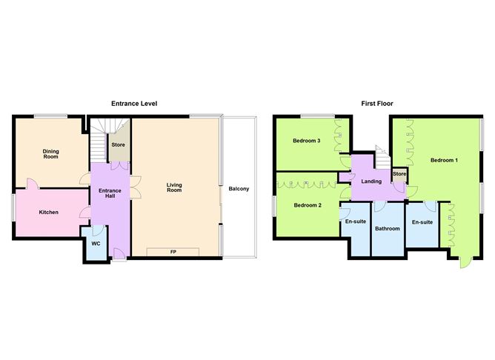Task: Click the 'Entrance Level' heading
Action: (134, 104)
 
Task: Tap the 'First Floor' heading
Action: (377, 104)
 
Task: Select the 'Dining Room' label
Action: (50, 153)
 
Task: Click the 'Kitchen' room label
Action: (48, 213)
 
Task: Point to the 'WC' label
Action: (96, 244)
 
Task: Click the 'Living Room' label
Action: (174, 188)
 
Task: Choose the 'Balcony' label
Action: (239, 188)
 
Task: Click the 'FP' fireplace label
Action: (173, 253)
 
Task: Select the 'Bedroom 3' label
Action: (306, 141)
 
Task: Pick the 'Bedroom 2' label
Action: (307, 204)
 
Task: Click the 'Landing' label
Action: (371, 181)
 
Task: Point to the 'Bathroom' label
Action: (388, 229)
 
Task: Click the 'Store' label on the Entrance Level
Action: (118, 144)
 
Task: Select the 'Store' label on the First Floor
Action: (399, 174)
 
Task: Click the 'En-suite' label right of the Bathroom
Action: (422, 221)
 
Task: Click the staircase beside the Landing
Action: (381, 156)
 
